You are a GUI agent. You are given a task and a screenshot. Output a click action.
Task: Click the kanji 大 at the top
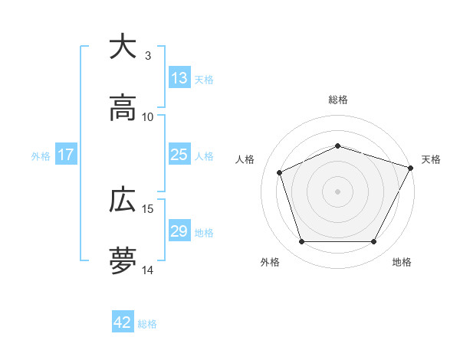(x=123, y=47)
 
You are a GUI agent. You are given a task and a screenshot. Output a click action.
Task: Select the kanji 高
(x=123, y=108)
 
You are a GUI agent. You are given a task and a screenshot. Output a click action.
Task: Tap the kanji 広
(x=123, y=201)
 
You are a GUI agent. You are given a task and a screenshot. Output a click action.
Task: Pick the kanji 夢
(x=123, y=261)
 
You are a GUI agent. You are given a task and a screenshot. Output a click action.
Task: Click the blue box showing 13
(x=179, y=78)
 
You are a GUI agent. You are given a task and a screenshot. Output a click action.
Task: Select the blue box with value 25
(x=179, y=155)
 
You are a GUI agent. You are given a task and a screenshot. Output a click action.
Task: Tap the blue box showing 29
(x=179, y=231)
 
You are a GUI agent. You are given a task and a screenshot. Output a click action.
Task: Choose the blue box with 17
(x=66, y=155)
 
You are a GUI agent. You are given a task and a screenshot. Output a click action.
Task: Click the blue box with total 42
(x=123, y=322)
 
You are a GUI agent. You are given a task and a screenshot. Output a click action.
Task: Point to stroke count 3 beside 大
(x=148, y=56)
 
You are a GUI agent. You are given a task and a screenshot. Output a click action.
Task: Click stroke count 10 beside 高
(x=148, y=117)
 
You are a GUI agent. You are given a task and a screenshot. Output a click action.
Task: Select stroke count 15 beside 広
(x=148, y=209)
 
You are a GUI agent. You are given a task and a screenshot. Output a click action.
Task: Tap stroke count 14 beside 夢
(x=148, y=270)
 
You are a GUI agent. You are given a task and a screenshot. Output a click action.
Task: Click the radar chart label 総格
(x=338, y=100)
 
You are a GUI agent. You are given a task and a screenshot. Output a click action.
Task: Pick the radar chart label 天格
(x=431, y=159)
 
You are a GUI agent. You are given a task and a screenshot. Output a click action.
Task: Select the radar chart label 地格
(x=402, y=262)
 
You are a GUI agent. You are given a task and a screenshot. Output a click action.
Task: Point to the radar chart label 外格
(x=270, y=262)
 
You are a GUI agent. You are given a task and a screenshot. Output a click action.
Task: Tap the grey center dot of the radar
(x=338, y=191)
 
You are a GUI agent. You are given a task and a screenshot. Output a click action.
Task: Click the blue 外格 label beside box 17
(x=41, y=155)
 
